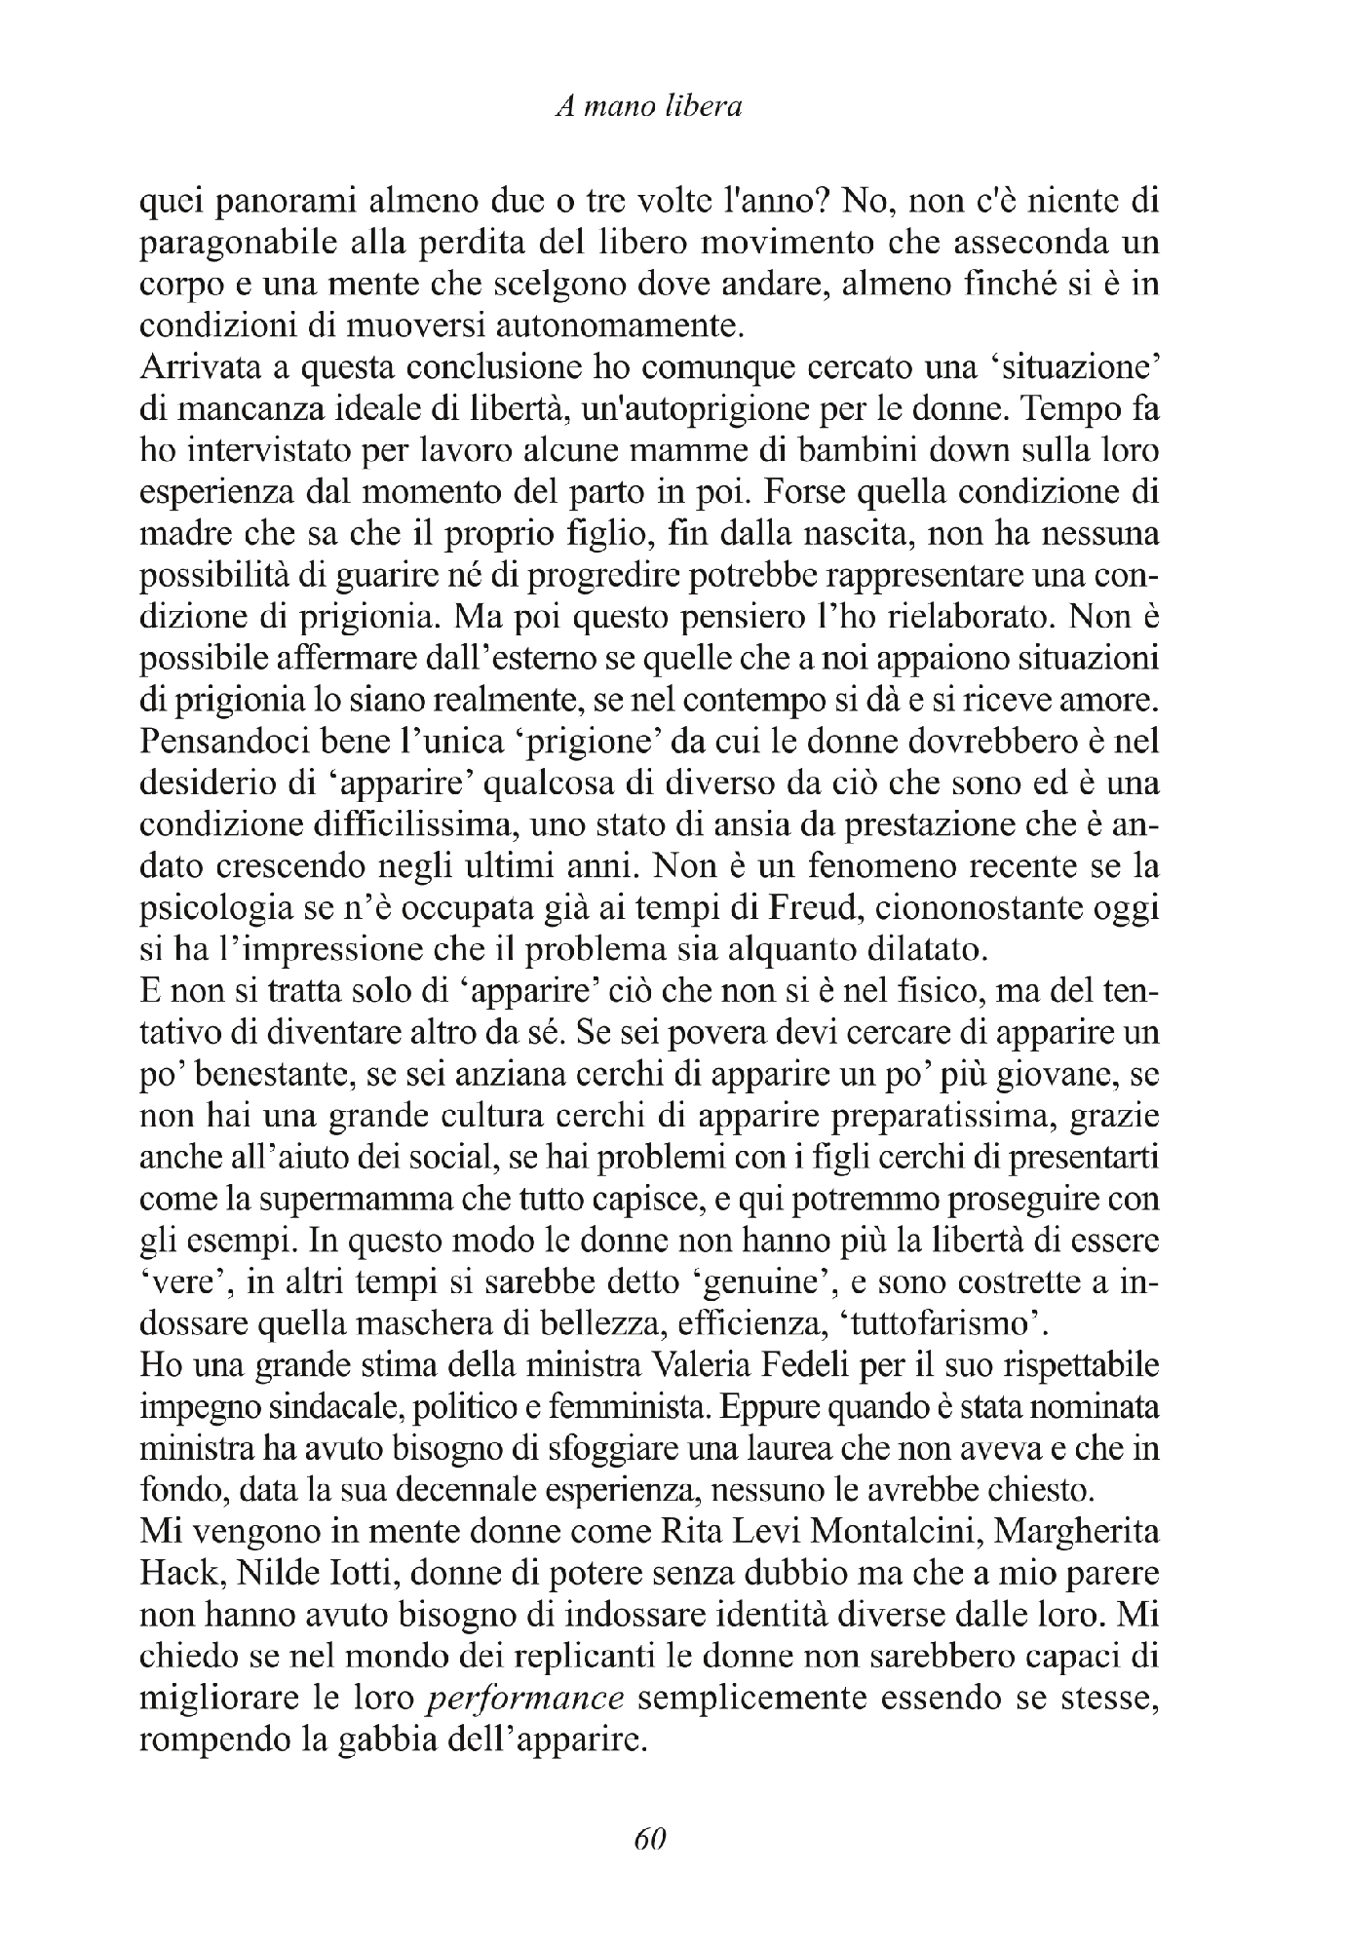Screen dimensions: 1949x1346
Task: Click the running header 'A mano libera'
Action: tap(647, 106)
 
